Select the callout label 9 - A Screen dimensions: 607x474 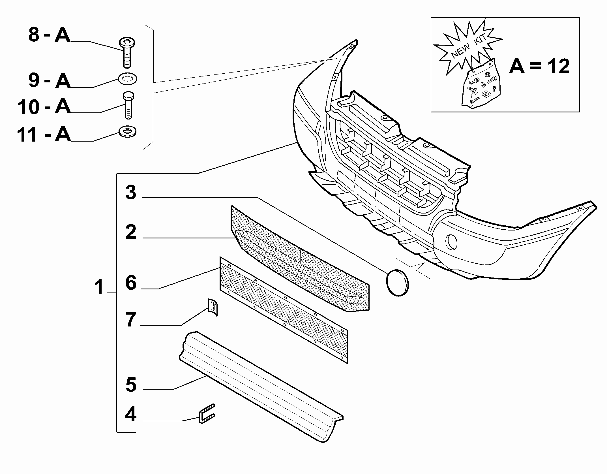[49, 81]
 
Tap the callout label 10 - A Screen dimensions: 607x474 [44, 107]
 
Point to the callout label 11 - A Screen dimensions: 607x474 [44, 134]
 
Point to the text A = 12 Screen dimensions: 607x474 [539, 66]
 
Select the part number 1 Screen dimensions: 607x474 [99, 287]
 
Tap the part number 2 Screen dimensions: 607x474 [131, 232]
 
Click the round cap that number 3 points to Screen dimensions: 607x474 [397, 283]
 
